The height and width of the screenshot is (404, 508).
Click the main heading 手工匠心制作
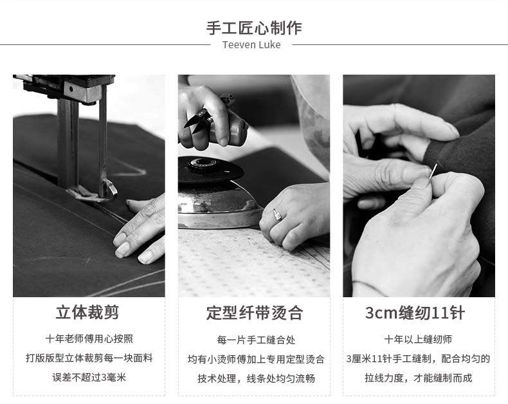(254, 28)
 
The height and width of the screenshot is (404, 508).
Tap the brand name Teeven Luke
(251, 45)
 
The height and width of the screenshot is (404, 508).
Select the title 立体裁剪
(87, 312)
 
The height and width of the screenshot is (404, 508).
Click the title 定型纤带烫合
(255, 313)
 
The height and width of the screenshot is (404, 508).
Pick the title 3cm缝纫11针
(415, 313)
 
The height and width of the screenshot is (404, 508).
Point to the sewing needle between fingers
(433, 173)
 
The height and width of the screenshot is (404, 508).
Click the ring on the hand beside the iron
(277, 214)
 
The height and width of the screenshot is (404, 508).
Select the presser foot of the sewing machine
(94, 191)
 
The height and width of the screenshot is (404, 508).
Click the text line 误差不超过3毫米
(89, 378)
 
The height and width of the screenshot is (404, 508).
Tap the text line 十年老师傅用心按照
(89, 339)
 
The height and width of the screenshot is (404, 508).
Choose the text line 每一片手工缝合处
(256, 340)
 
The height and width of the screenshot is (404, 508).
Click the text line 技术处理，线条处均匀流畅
(256, 378)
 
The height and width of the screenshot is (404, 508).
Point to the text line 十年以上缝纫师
(418, 340)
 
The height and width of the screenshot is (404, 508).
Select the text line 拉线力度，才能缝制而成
(418, 378)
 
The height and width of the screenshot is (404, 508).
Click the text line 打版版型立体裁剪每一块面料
(89, 358)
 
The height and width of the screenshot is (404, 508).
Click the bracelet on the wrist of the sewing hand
(369, 288)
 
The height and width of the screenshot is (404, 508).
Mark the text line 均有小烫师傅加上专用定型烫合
(256, 359)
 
